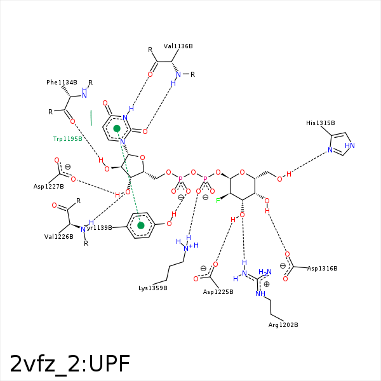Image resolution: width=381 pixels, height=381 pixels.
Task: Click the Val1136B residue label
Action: pos(178,46)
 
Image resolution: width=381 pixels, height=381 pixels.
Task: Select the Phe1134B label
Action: pos(62,83)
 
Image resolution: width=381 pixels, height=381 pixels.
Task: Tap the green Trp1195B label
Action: pos(67,138)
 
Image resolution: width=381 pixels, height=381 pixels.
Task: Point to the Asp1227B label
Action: pos(49,187)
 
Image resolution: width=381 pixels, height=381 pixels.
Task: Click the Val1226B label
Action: pos(58,236)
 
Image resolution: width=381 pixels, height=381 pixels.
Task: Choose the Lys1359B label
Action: pos(153,288)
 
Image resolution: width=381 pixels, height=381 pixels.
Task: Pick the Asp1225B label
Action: pos(218,292)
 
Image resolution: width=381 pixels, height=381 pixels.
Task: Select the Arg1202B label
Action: pos(283,325)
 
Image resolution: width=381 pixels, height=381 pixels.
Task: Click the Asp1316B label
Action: pos(322,269)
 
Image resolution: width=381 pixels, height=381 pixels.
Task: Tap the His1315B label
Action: pos(320,123)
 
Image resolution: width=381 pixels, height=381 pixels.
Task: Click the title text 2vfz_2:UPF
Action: pos(70,364)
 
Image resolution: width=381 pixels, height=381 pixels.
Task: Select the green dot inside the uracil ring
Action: pos(117,129)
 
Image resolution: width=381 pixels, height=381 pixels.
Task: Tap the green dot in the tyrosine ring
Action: pos(141,225)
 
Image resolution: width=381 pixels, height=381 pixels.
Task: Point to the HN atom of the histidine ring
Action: pos(350,146)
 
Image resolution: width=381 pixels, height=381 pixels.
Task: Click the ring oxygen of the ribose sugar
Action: pos(142,158)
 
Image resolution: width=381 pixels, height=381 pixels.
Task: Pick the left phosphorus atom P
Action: pos(180,179)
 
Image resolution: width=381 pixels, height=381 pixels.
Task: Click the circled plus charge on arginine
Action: pos(267,284)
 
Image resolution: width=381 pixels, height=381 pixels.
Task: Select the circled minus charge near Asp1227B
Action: pos(68,167)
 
